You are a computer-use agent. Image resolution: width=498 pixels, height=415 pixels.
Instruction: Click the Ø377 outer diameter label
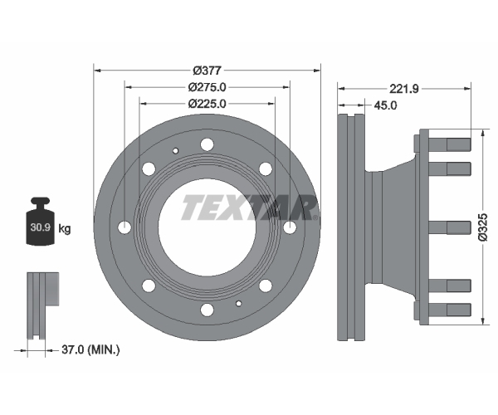(x=207, y=71)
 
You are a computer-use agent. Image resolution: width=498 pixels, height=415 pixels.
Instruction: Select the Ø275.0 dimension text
(x=207, y=87)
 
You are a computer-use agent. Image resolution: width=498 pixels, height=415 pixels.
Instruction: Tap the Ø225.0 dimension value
(x=207, y=104)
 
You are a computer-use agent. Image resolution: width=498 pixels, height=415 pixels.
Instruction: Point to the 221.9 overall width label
(x=404, y=89)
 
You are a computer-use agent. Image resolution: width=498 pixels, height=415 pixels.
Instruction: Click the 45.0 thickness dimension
(x=385, y=105)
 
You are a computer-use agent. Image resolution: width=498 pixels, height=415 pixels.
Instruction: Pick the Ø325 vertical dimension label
(x=482, y=227)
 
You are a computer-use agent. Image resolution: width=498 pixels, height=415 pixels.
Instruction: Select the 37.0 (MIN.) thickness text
(x=90, y=350)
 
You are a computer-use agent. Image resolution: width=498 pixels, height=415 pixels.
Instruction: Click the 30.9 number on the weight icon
(x=41, y=227)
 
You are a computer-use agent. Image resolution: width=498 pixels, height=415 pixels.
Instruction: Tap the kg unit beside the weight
(x=65, y=228)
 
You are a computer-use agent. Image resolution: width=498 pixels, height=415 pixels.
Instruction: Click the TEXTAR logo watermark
(x=250, y=207)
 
